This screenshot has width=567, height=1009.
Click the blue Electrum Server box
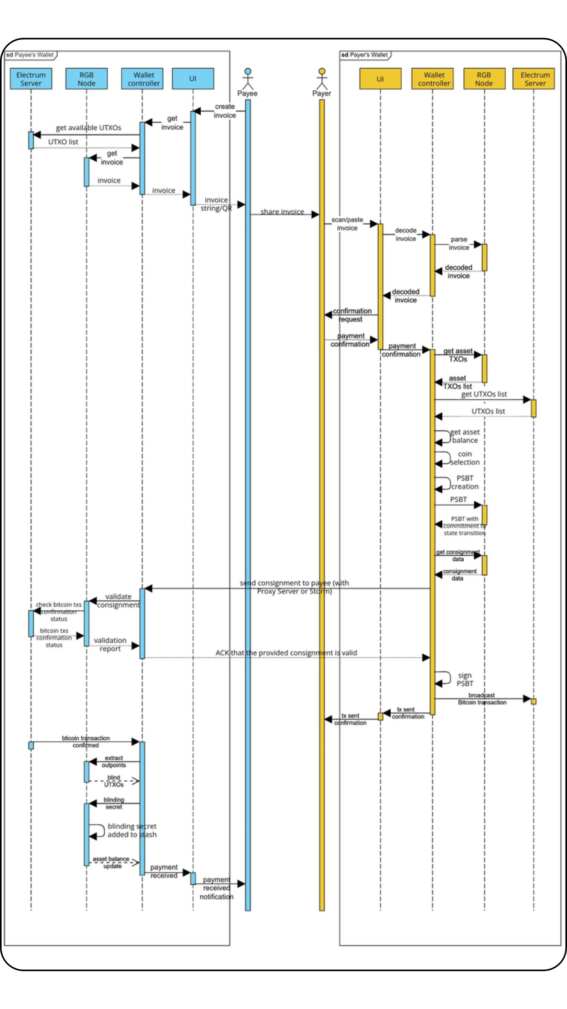pyautogui.click(x=31, y=79)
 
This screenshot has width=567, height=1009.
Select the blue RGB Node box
pyautogui.click(x=86, y=79)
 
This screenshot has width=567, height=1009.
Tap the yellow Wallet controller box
pyautogui.click(x=432, y=79)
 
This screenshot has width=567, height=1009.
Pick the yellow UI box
pyautogui.click(x=380, y=79)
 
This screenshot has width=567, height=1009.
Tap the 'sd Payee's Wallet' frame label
pyautogui.click(x=30, y=55)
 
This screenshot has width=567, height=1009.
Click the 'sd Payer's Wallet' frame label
pyautogui.click(x=365, y=55)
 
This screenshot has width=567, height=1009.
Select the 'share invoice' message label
pyautogui.click(x=282, y=212)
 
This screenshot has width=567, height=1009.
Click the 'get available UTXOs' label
pyautogui.click(x=88, y=128)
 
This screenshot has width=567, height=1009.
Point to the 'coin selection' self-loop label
pyautogui.click(x=465, y=458)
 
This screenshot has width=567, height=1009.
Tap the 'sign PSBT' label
pyautogui.click(x=465, y=679)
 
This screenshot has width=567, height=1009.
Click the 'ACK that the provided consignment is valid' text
pyautogui.click(x=286, y=653)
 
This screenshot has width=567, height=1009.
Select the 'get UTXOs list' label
pyautogui.click(x=484, y=394)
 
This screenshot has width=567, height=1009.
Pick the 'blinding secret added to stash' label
pyautogui.click(x=132, y=830)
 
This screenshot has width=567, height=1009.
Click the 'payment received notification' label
pyautogui.click(x=216, y=888)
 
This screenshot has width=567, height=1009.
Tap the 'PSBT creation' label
pyautogui.click(x=465, y=482)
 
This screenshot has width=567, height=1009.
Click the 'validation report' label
pyautogui.click(x=110, y=644)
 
